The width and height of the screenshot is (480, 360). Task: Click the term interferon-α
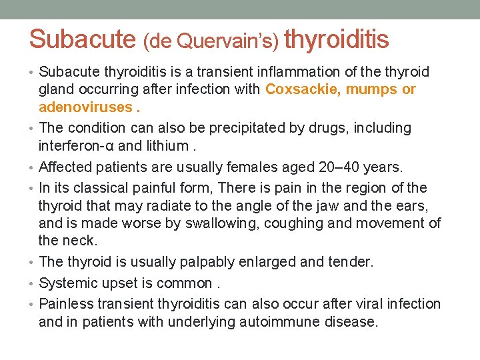tap(81, 146)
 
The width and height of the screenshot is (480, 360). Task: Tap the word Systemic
tap(68, 283)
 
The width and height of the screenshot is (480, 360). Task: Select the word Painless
tap(67, 304)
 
